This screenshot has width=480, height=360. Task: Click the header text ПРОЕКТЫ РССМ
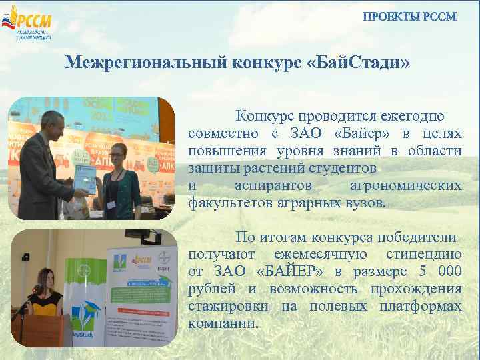[409, 17]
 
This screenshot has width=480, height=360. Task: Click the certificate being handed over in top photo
[86, 179]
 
